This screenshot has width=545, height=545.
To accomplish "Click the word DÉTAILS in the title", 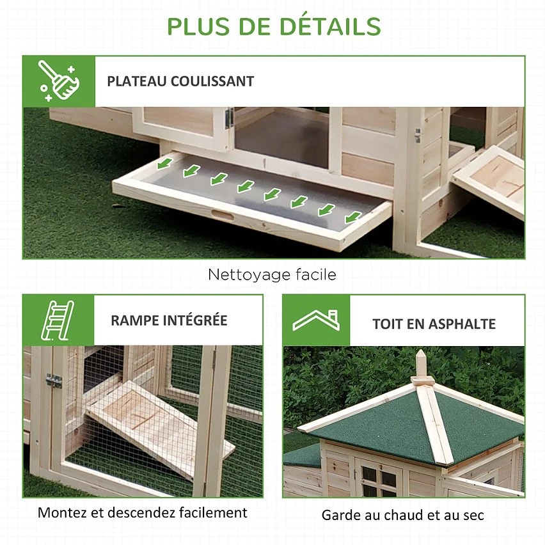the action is (x=330, y=26).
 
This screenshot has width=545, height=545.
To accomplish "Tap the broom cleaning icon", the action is (x=59, y=81).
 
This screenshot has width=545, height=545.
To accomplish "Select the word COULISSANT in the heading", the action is (x=212, y=81).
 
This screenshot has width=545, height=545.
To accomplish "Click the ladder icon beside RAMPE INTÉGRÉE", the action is (x=58, y=320).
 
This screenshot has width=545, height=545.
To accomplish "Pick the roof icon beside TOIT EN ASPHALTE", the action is (x=316, y=320).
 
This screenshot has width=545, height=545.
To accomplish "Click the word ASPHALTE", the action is (x=462, y=324).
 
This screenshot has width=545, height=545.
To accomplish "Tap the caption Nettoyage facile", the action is (x=272, y=274).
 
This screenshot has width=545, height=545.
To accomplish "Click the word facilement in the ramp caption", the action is (x=213, y=512).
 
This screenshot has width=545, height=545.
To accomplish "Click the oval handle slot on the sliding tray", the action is (x=223, y=215).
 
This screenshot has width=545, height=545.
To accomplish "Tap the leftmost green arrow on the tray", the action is (x=165, y=163).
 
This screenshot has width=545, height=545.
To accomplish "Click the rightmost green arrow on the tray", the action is (x=353, y=217).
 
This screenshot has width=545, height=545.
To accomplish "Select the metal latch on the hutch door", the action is (x=54, y=381).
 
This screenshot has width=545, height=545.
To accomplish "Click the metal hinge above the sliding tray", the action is (x=229, y=118).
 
